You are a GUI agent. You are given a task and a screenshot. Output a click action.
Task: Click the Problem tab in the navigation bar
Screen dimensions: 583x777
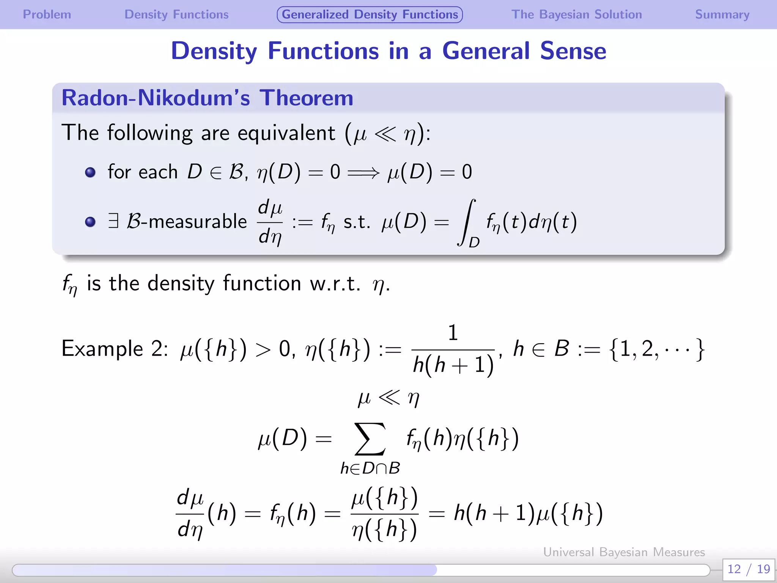[x=47, y=14]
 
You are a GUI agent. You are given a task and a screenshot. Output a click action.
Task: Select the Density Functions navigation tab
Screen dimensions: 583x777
[x=176, y=14]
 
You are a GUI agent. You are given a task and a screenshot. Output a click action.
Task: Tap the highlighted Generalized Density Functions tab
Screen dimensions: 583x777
[x=370, y=14]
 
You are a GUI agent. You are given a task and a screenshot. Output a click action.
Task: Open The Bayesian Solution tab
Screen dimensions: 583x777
[x=576, y=14]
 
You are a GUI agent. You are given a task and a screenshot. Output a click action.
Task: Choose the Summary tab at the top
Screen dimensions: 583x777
[x=722, y=14]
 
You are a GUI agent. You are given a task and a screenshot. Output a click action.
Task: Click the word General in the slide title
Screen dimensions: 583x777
[x=486, y=51]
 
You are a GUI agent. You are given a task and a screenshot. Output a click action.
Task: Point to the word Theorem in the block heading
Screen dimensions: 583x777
[x=306, y=98]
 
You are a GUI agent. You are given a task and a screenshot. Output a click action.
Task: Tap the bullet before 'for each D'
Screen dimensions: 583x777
[x=90, y=173]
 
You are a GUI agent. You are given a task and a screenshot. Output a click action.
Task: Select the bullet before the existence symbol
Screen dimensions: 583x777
[x=90, y=222]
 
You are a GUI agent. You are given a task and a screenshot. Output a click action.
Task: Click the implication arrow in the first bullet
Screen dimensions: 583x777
[x=363, y=173]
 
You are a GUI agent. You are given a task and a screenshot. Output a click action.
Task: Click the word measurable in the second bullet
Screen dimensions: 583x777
[x=198, y=222]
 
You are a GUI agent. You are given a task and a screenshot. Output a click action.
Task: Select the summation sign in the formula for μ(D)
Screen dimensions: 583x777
[x=370, y=439]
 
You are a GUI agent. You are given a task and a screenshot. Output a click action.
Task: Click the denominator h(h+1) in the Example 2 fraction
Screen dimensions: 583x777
[x=453, y=365]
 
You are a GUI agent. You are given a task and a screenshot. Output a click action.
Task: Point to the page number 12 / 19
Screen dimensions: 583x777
[x=748, y=569]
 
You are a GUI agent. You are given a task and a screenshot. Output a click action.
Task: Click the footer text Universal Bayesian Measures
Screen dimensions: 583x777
[x=624, y=552]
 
